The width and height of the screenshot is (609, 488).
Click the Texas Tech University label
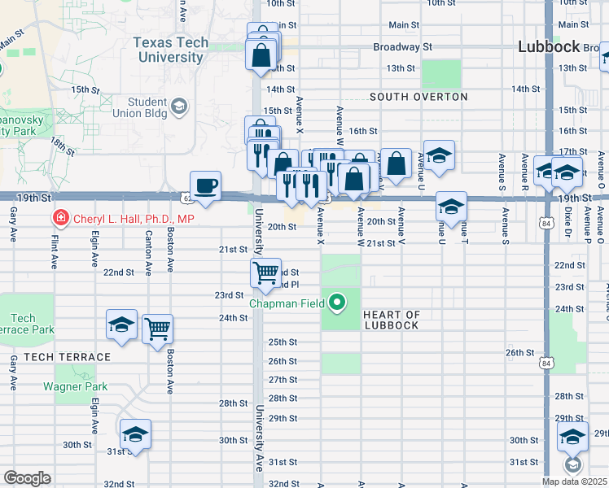(x=170, y=50)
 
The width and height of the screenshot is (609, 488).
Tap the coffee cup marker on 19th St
(x=205, y=186)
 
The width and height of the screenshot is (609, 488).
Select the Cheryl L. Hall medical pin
(x=59, y=218)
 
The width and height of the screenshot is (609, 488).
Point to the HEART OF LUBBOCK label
(x=391, y=320)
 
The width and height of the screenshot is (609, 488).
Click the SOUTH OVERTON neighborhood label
(x=418, y=97)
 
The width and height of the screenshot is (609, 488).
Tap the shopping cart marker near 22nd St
(x=265, y=274)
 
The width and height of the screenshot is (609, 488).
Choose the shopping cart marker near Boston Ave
(x=157, y=329)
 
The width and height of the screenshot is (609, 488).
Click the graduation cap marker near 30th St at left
(x=136, y=433)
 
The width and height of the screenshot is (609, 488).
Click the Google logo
(x=27, y=478)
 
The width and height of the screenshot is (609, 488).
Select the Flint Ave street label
(x=55, y=252)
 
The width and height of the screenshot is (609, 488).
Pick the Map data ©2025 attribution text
(x=574, y=481)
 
